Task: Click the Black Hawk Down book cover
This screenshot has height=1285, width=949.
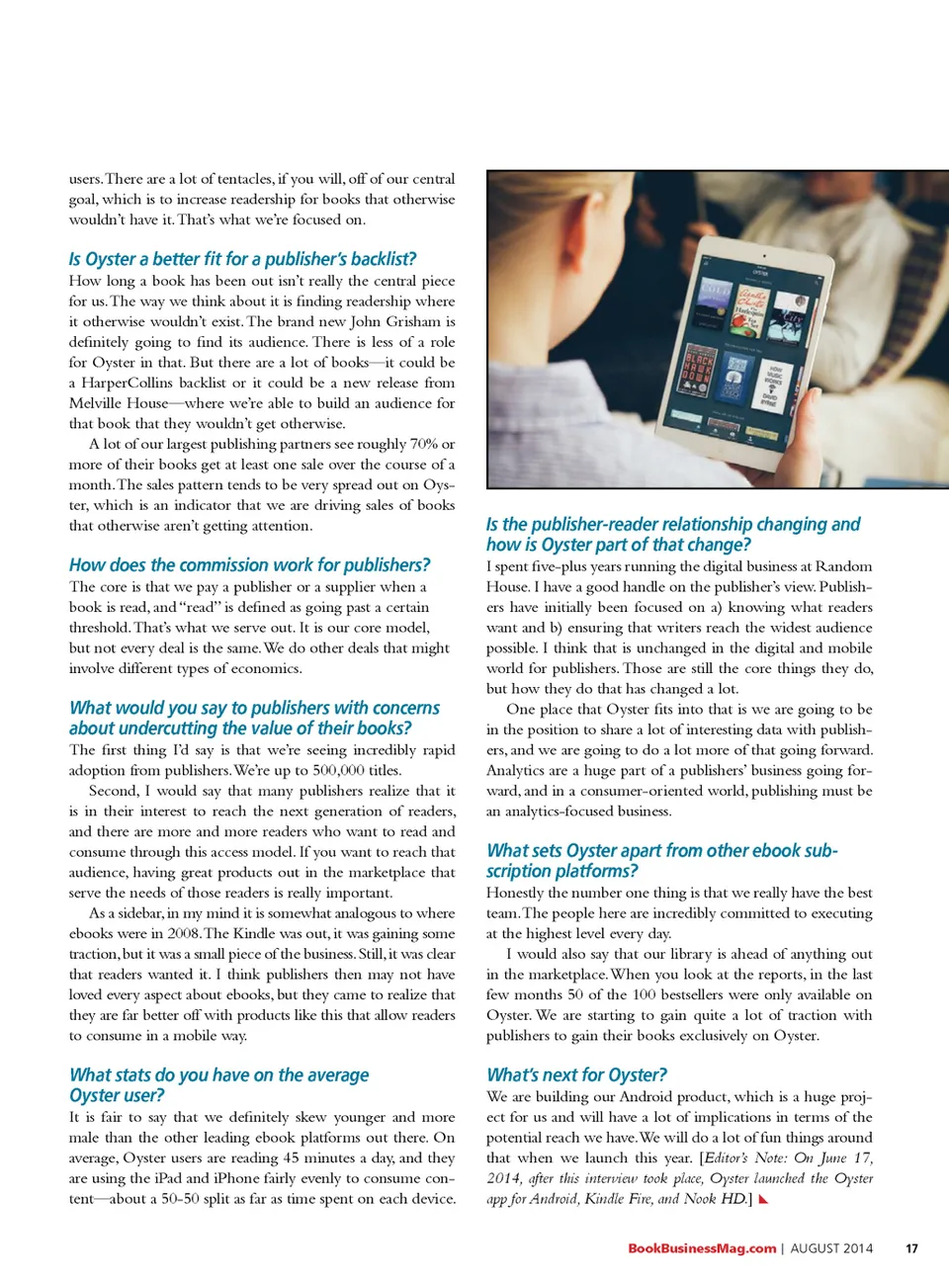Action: point(699,372)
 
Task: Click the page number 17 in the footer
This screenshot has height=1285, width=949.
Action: point(911,1248)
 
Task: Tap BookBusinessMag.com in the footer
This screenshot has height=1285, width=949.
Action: point(702,1248)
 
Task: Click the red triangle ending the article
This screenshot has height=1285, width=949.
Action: point(763,1200)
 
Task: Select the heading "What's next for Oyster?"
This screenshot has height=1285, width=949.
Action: point(576,1074)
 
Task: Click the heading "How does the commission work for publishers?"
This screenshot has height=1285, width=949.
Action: point(249,565)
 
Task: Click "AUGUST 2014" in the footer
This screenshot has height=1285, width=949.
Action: point(831,1248)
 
